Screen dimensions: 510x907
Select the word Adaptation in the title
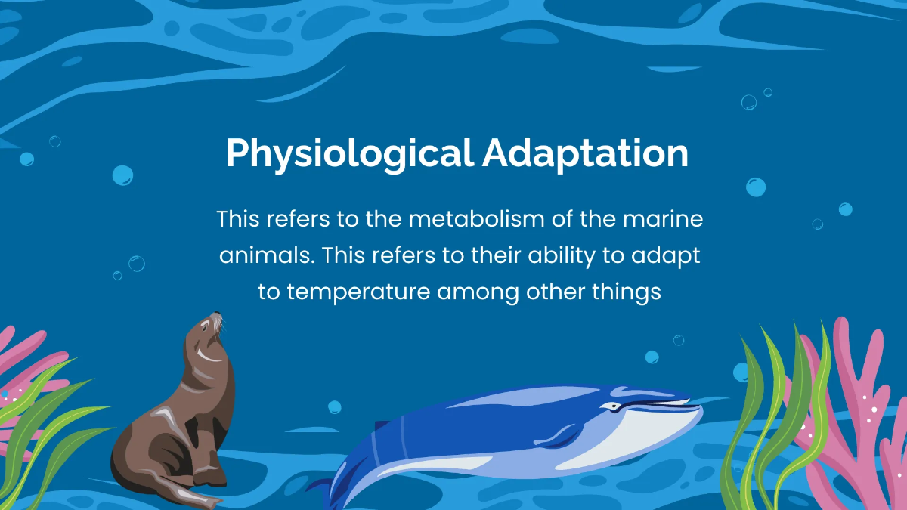pos(585,154)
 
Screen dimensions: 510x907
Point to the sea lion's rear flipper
pos(189,495)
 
